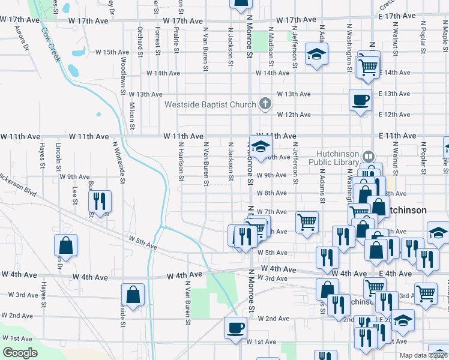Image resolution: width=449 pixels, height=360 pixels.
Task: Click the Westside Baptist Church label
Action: coord(211,104)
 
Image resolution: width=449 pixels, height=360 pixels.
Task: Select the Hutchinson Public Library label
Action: coord(334,157)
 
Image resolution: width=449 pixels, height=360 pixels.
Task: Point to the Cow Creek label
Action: coord(51,43)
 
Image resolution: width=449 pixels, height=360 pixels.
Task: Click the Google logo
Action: coord(20,353)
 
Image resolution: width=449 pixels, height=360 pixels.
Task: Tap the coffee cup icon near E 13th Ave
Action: coord(360,100)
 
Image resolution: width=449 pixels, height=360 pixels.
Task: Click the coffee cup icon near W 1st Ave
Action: coord(235,328)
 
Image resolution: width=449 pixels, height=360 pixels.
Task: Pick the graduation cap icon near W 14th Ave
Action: coord(315,55)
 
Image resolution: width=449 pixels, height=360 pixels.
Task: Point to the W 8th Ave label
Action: coord(271,193)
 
